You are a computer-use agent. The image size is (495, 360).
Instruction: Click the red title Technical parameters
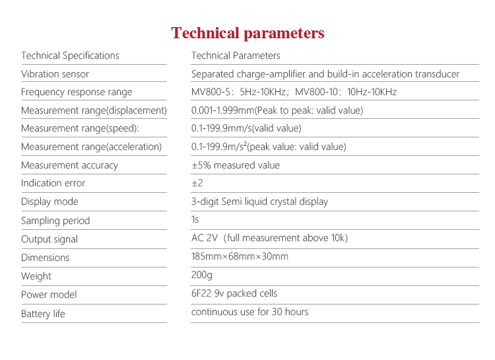click(x=247, y=33)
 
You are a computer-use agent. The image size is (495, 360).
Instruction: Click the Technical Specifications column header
click(x=70, y=55)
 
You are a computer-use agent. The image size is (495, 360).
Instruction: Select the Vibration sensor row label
click(x=55, y=74)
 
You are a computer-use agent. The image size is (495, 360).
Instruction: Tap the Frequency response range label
click(x=77, y=92)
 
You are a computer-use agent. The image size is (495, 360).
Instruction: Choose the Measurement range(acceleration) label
click(x=91, y=147)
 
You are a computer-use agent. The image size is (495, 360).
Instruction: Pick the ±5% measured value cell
click(x=236, y=165)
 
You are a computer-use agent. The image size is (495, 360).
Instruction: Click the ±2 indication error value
click(x=197, y=183)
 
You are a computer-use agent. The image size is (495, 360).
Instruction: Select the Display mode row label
click(x=49, y=201)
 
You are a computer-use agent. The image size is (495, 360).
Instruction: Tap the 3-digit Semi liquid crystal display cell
click(x=259, y=201)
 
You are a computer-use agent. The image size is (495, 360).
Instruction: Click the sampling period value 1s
click(x=195, y=220)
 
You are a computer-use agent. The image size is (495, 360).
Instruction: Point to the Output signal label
click(x=49, y=239)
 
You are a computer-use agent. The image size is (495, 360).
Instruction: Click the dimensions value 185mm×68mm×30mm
click(x=240, y=256)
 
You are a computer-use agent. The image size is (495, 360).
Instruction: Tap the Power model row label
click(x=49, y=295)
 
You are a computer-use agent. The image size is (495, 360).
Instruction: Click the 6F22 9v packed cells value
click(x=234, y=293)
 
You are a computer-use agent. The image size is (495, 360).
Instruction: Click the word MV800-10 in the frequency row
click(x=315, y=92)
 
